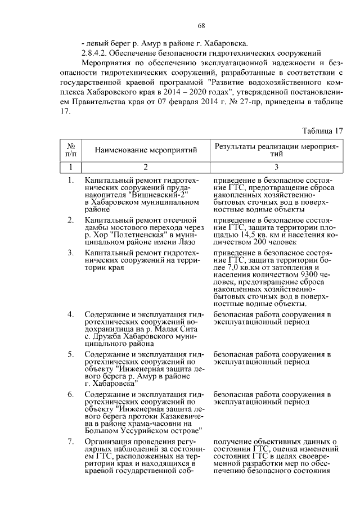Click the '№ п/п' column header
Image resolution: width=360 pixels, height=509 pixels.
pos(71,150)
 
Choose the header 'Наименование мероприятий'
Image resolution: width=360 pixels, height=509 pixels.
pos(146,150)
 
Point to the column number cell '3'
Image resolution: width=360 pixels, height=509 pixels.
pos(276,166)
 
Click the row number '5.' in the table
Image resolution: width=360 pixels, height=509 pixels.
pos(71,354)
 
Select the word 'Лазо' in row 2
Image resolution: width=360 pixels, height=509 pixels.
pos(185,241)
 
